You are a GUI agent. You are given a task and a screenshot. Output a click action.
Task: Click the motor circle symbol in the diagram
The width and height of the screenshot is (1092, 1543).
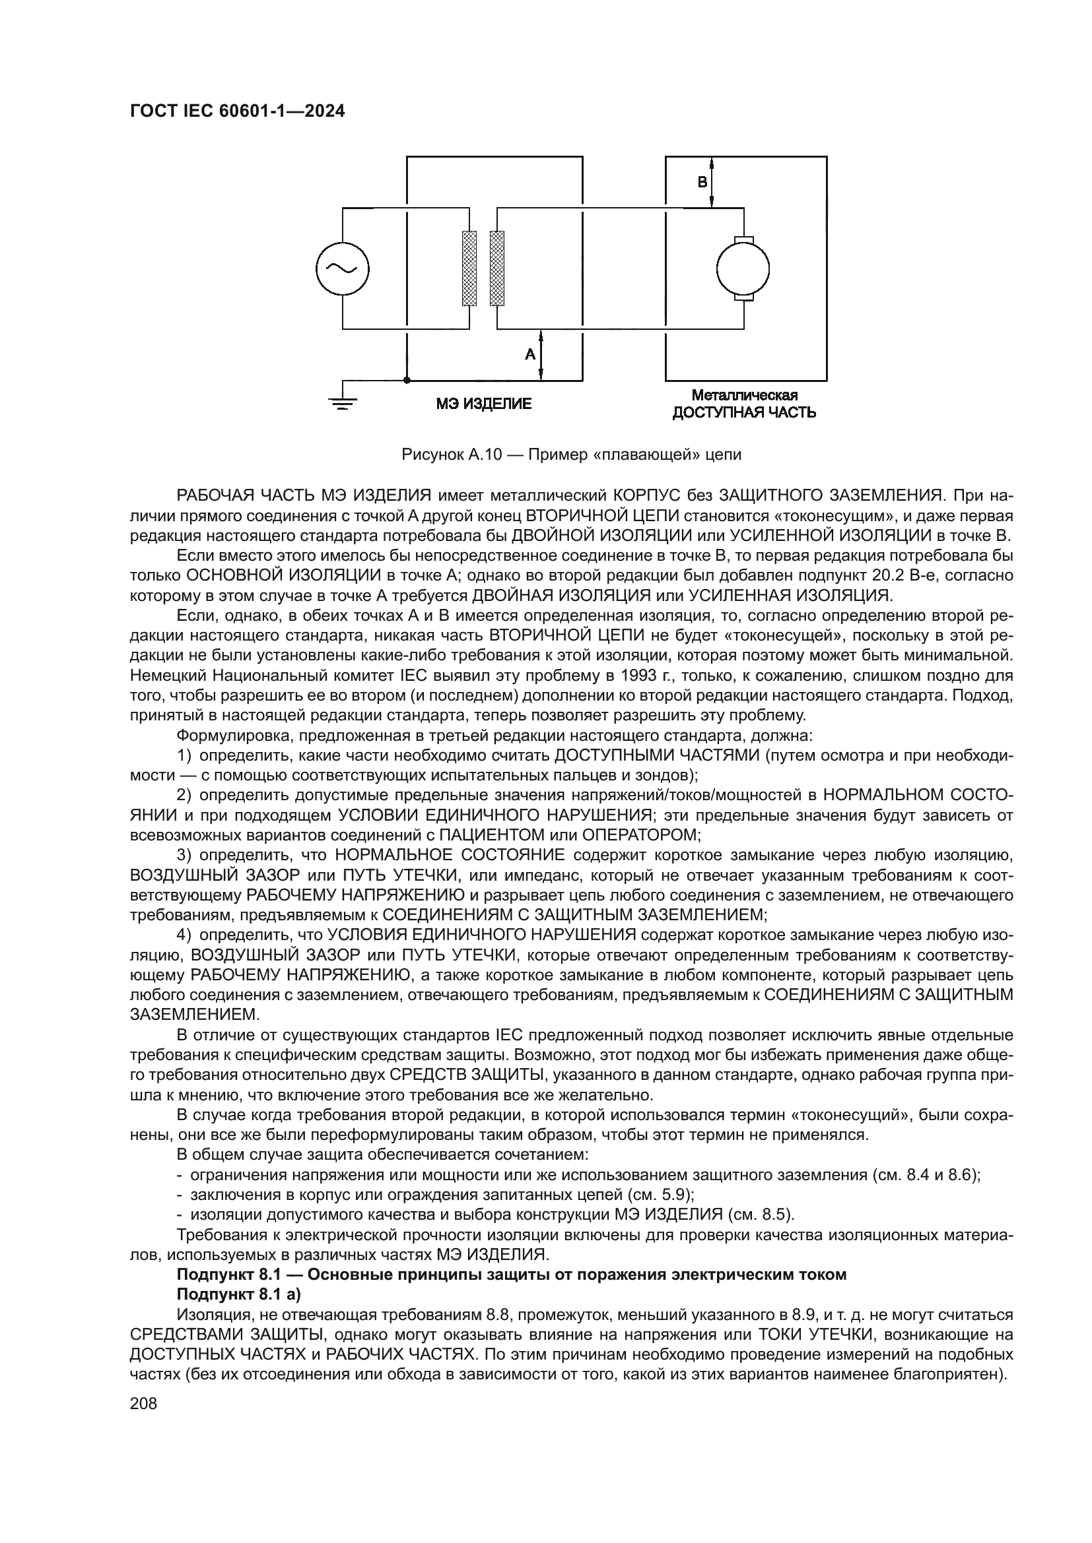743,268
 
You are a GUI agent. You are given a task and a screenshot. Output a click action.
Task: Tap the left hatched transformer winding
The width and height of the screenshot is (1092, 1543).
469,268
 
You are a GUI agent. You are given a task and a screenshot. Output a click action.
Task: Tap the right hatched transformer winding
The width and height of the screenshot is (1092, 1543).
497,268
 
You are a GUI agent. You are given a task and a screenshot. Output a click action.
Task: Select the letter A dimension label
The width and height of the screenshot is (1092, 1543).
530,354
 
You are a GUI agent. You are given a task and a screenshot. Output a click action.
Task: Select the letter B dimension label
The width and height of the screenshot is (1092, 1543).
702,182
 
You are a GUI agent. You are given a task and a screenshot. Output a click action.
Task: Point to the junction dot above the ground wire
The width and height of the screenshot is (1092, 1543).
406,381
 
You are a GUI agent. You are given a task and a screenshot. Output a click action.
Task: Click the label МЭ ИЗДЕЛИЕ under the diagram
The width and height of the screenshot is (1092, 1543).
483,404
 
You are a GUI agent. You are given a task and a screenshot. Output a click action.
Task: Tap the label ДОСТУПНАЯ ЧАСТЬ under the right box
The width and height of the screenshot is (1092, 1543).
744,412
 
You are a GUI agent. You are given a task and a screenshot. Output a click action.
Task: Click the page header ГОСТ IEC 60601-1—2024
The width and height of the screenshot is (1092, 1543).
237,111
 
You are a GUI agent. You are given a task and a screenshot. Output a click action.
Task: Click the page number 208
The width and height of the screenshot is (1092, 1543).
143,1403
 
